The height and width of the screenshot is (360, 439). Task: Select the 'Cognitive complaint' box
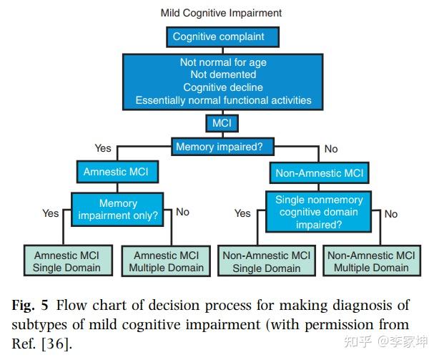pos(218,36)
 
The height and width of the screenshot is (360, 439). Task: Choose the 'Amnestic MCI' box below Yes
pos(117,172)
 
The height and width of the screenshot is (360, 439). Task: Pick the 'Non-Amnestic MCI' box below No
pos(320,172)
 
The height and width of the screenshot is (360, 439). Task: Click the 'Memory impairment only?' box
pos(117,209)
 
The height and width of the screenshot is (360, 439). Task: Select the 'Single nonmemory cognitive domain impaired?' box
pos(320,212)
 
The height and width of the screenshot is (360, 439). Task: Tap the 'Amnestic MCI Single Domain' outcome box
pos(66,261)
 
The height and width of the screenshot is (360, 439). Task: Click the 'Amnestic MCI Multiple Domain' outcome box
pos(166,261)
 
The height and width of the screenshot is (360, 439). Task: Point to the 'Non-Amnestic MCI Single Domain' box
pos(267,261)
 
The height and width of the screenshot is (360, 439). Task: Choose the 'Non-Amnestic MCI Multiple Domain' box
pos(370,261)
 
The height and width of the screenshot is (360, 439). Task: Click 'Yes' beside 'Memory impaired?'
pos(103,148)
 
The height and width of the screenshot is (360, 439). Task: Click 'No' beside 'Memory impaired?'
pos(331,149)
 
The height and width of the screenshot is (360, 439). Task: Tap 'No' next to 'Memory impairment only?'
pos(182,212)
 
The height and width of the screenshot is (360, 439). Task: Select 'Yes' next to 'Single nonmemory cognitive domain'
pos(242,213)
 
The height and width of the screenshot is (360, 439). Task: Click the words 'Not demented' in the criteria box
pos(223,74)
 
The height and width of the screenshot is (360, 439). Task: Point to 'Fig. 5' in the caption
pos(30,306)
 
